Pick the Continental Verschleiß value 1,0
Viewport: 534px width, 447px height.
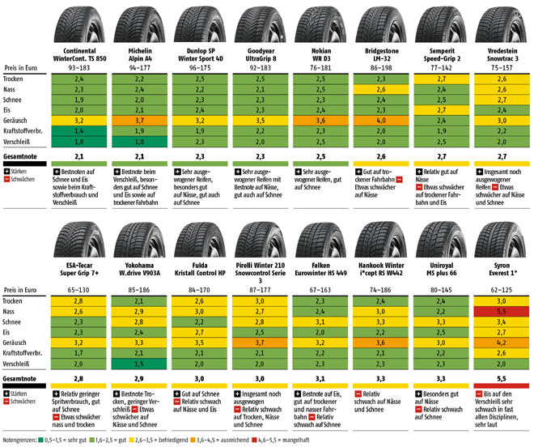[x=79, y=140]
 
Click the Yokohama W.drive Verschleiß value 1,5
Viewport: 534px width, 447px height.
[x=139, y=364]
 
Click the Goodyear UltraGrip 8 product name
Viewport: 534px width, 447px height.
[x=259, y=53]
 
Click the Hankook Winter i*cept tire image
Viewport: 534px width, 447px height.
[x=379, y=240]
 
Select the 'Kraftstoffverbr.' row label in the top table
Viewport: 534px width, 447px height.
[x=25, y=130]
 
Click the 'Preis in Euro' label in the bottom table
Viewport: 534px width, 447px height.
[x=22, y=289]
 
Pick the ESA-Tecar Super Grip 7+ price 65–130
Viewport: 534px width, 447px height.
[x=79, y=289]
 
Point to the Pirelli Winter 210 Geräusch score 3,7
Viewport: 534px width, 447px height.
[x=259, y=343]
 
